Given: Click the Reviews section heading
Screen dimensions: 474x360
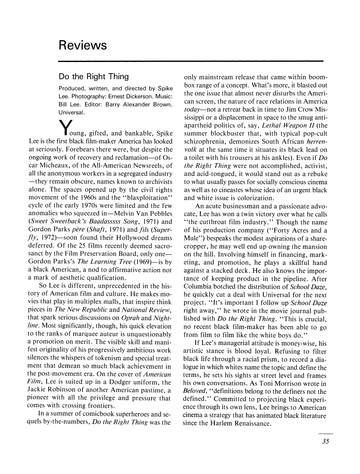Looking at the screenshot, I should coord(83,45).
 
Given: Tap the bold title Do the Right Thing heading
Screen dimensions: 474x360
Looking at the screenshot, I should coord(94,76).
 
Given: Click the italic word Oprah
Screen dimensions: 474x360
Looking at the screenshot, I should coord(131,318).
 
